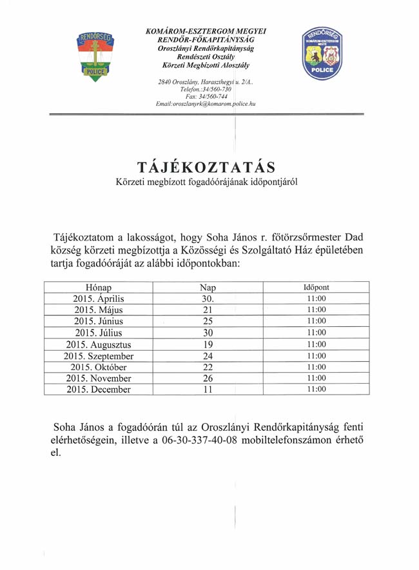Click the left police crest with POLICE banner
95,55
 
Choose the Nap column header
208,287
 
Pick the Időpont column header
317,287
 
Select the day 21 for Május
208,310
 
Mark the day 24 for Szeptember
208,356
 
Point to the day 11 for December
208,390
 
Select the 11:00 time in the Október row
317,367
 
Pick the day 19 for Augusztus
208,344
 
